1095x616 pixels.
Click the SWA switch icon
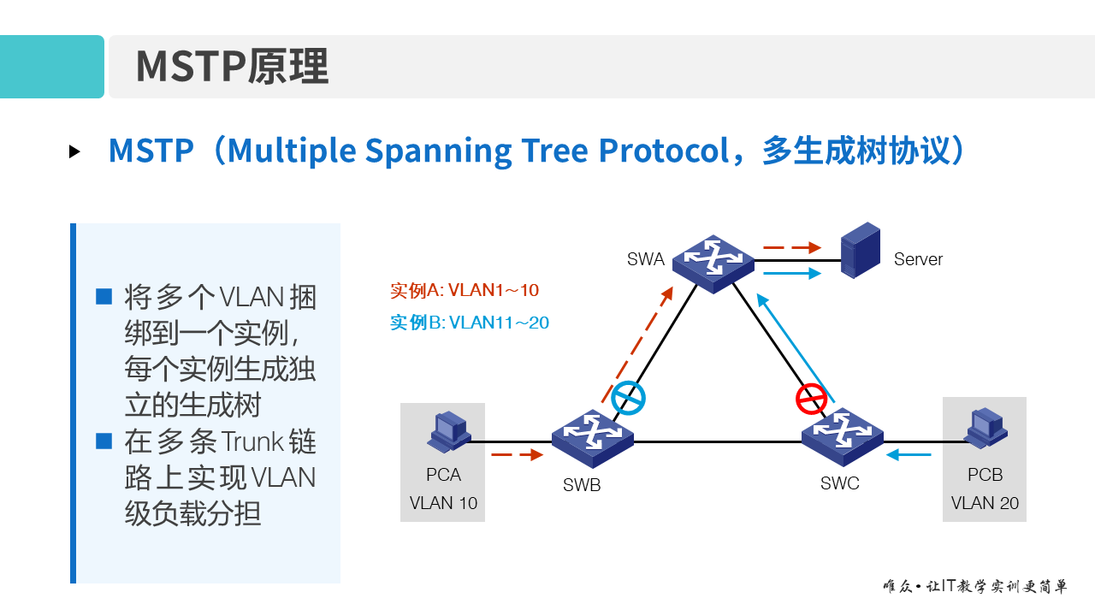[713, 263]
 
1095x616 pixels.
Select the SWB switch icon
[592, 436]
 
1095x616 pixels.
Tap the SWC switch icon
[842, 436]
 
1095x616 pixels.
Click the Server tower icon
[860, 250]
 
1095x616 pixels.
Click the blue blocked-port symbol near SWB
[628, 398]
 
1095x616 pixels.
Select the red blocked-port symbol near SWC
[812, 400]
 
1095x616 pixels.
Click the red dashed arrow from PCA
[518, 455]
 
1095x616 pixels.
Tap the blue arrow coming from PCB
[909, 455]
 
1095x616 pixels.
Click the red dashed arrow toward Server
[791, 248]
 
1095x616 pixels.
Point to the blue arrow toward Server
[791, 274]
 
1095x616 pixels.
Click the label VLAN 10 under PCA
[443, 503]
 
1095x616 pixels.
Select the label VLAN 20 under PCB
[985, 503]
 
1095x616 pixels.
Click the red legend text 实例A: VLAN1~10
[465, 291]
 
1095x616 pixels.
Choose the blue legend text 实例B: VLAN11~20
[470, 323]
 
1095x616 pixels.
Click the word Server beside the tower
[918, 259]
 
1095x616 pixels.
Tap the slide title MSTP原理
[232, 67]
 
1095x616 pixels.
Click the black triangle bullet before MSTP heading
[75, 151]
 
